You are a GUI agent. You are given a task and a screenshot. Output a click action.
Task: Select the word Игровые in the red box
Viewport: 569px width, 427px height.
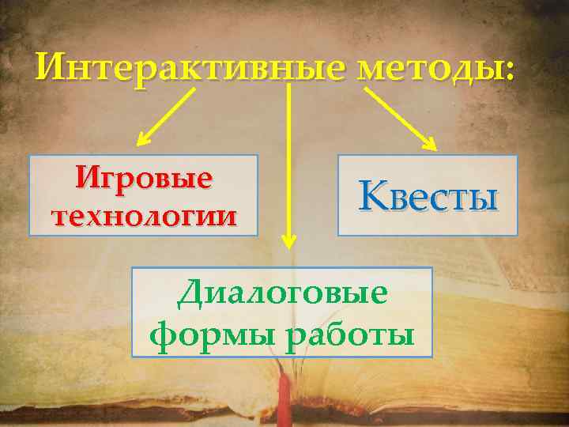point(145,178)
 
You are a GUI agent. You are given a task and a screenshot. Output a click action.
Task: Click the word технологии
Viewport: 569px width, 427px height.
point(143,213)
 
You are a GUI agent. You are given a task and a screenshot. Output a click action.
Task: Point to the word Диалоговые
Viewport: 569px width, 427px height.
point(282,295)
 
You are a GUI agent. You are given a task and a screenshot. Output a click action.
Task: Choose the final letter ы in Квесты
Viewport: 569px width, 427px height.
point(484,198)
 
